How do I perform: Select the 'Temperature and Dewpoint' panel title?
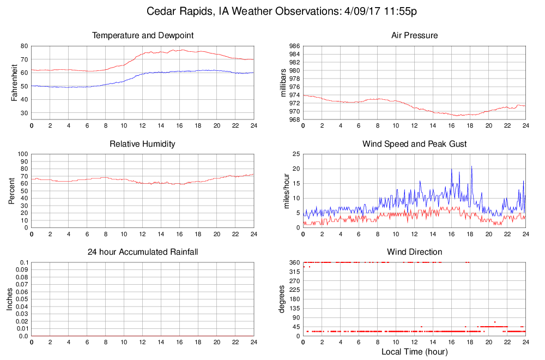143,36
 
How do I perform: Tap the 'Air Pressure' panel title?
414,36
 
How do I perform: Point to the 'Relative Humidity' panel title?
143,144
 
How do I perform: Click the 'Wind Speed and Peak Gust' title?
414,144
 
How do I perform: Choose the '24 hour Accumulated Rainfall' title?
143,252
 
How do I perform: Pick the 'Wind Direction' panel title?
414,252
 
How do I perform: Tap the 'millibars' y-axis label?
283,82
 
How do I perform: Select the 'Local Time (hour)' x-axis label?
414,352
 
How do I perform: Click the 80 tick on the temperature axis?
25,46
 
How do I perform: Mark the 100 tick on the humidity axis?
22,154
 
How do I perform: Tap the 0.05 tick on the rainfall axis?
21,299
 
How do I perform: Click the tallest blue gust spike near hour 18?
471,166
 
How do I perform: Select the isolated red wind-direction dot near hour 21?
495,322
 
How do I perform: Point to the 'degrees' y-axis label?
282,299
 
